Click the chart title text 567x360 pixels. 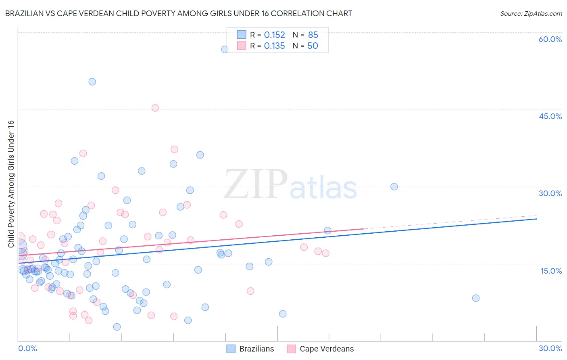(179, 13)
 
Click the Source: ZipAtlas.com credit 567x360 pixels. (531, 13)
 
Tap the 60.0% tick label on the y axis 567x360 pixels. (550, 39)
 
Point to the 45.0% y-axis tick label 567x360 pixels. (550, 116)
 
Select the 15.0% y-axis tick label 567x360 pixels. (551, 271)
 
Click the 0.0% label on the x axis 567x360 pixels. (27, 348)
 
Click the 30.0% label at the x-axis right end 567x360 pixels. (550, 348)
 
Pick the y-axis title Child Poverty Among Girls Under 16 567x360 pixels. (11, 184)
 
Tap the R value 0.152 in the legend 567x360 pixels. (274, 35)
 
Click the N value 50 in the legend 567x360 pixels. (313, 46)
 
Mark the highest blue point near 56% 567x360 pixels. (225, 49)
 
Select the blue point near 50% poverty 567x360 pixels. (92, 82)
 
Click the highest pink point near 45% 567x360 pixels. (155, 108)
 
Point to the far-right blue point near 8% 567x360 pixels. (476, 298)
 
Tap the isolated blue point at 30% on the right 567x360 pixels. (394, 186)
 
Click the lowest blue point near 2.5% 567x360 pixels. (117, 327)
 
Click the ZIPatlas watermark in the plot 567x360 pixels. (290, 184)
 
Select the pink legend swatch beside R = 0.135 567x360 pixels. (242, 46)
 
